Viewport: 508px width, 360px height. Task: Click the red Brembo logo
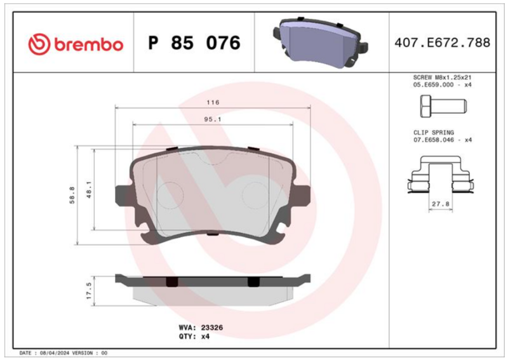coord(76,44)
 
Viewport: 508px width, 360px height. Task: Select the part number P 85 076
coord(194,43)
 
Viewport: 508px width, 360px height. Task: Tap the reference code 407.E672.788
coord(442,43)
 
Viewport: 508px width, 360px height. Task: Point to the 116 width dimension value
coord(213,102)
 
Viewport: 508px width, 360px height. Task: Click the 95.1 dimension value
coord(213,119)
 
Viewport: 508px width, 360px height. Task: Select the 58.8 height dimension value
coord(72,195)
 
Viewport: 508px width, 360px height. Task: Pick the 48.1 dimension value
coord(89,190)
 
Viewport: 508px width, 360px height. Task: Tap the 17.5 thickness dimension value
coord(90,291)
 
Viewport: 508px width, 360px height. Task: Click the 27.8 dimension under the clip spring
coord(441,204)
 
